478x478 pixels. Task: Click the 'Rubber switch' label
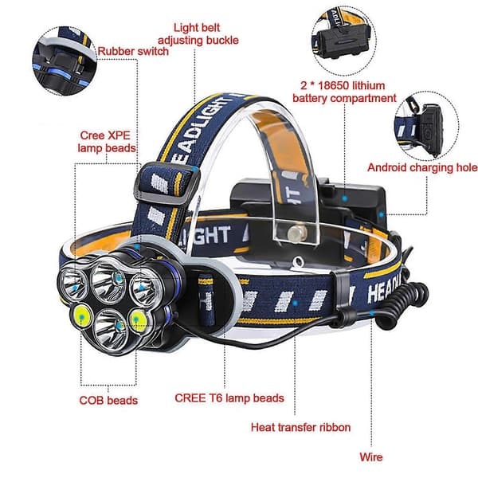pyautogui.click(x=133, y=51)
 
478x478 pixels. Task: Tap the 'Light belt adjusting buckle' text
pyautogui.click(x=198, y=33)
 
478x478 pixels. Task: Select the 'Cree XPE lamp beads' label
pyautogui.click(x=107, y=142)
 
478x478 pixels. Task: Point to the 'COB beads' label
pyautogui.click(x=108, y=400)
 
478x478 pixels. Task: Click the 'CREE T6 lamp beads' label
pyautogui.click(x=229, y=398)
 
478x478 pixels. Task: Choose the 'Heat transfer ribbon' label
pyautogui.click(x=300, y=427)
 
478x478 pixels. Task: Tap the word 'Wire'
pyautogui.click(x=370, y=457)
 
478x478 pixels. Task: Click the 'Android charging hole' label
pyautogui.click(x=422, y=167)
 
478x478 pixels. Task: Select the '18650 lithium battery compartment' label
pyautogui.click(x=344, y=92)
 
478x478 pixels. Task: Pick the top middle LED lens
pyautogui.click(x=109, y=281)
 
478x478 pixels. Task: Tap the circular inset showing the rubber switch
pyautogui.click(x=65, y=61)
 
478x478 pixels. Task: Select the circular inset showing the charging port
pyautogui.click(x=426, y=126)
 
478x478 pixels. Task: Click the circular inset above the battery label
pyautogui.click(x=343, y=41)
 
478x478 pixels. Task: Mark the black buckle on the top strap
pyautogui.click(x=167, y=183)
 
